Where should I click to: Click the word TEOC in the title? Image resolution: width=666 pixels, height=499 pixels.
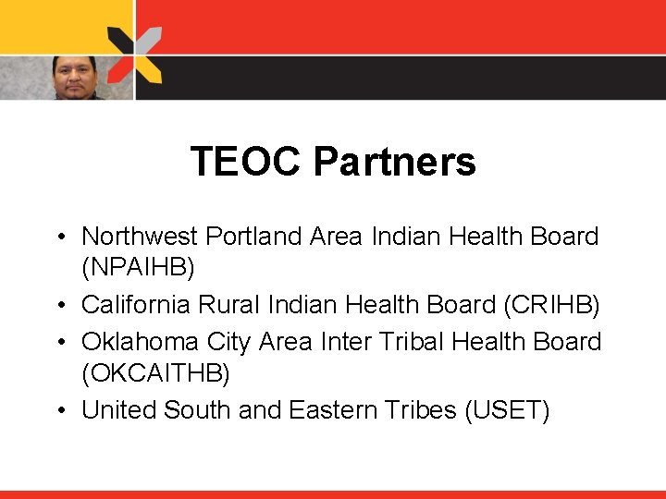point(246,162)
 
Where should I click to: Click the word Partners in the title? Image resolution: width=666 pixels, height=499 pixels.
point(394,163)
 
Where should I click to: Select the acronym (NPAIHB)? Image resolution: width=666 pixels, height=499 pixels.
point(139,269)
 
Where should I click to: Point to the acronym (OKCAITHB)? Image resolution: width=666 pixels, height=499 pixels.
point(155,374)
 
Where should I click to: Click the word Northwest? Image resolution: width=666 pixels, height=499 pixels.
point(141,237)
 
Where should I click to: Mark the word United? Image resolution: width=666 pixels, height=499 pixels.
point(118,409)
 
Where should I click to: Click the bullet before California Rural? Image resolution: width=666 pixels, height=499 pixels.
point(58,305)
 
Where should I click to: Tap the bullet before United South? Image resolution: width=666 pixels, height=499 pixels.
point(58,410)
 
